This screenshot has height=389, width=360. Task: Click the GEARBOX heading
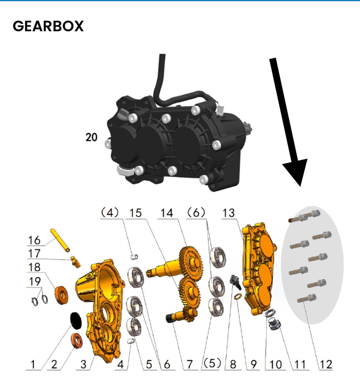[x=48, y=26]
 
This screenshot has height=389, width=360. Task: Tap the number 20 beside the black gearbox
[x=91, y=137]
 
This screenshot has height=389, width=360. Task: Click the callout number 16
[x=34, y=240]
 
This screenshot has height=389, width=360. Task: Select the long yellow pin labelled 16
[x=60, y=240]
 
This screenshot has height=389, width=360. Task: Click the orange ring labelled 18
[x=61, y=295]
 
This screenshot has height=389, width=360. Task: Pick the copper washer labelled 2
[x=77, y=341]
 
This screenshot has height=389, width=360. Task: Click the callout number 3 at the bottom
[x=84, y=364]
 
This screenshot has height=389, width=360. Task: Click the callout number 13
[x=229, y=213]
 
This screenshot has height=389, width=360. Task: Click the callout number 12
[x=326, y=364]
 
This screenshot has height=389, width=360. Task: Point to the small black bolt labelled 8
[x=236, y=281]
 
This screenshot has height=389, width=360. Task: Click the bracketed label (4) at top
[x=110, y=213]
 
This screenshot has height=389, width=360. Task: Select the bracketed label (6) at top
[x=196, y=213]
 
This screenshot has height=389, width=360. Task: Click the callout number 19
[x=34, y=281]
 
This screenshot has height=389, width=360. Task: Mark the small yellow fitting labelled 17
[x=76, y=262]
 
